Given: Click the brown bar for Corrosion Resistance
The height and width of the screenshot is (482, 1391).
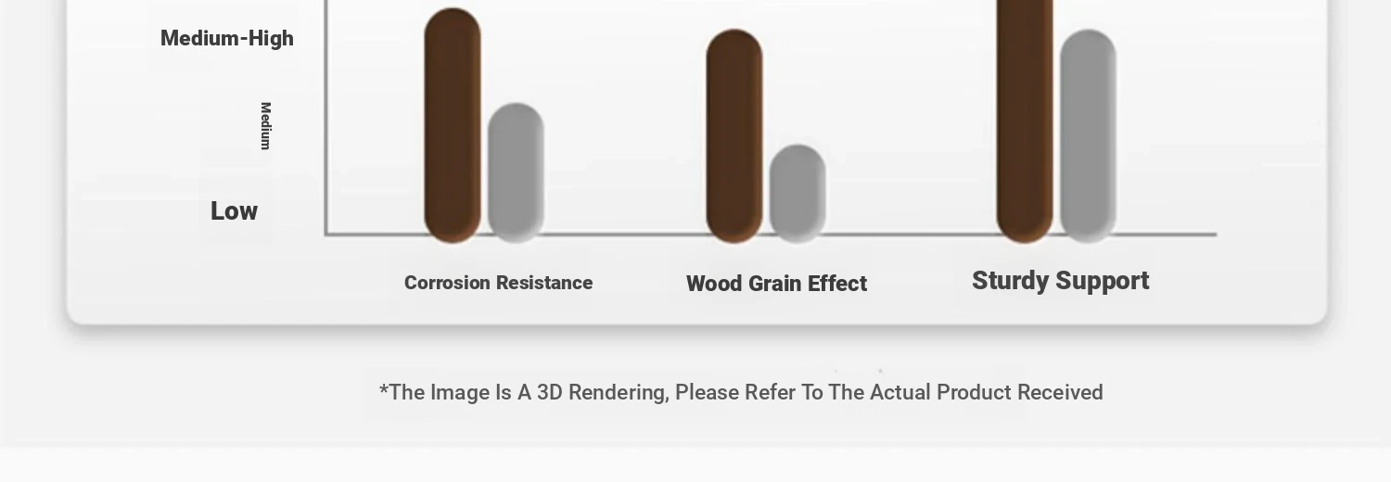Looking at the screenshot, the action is (x=453, y=125).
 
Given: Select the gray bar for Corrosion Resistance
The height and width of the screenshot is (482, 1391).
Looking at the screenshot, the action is (x=516, y=173).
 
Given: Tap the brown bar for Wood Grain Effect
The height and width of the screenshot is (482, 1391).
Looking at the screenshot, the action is (x=734, y=136).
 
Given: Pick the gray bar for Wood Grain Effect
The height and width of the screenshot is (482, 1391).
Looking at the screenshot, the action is (x=798, y=194).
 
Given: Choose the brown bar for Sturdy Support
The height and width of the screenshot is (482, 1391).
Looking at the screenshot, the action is (x=1025, y=121).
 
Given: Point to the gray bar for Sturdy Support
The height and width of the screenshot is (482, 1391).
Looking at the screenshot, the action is (x=1088, y=136).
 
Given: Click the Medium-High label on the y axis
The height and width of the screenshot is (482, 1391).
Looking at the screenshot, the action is (x=226, y=38).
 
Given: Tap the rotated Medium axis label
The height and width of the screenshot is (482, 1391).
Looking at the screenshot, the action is (x=266, y=126).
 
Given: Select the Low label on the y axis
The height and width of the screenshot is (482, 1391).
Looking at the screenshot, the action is (x=234, y=211).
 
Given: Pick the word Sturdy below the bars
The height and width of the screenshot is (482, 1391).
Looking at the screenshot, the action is (x=1011, y=281).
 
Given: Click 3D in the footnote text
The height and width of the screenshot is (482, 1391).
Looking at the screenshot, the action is (x=550, y=393).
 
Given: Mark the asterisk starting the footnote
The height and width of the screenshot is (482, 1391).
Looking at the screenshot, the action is (x=384, y=389).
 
